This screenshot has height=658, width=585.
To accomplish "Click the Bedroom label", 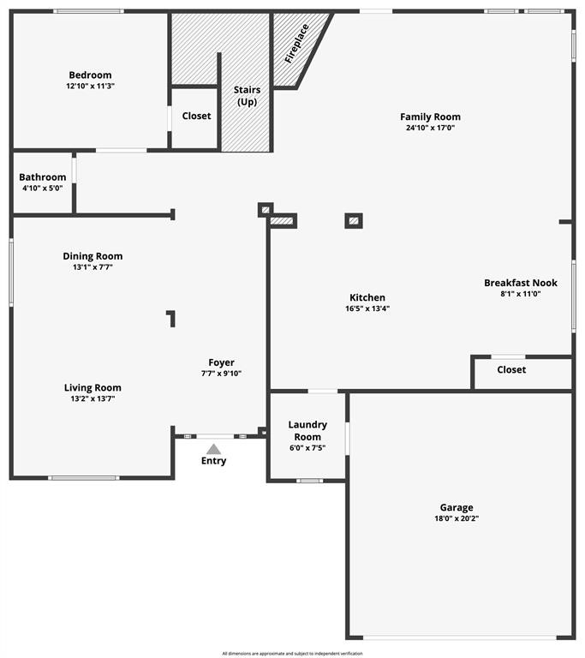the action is [x=90, y=75].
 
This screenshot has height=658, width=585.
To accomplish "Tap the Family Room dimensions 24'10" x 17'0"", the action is [x=430, y=128].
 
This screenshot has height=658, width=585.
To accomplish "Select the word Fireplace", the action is [x=296, y=44].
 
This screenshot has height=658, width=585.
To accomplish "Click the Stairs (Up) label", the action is [x=248, y=96].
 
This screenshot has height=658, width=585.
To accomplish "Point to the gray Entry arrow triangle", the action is [x=213, y=450].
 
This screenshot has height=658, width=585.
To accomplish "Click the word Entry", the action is [x=213, y=461].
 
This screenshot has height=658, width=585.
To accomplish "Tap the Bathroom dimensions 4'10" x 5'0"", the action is [x=42, y=188].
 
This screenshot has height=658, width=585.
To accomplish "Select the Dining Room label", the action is [x=93, y=256].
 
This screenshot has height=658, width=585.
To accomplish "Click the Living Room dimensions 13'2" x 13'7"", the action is [x=93, y=398].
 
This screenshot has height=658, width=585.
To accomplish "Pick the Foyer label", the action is [x=221, y=362].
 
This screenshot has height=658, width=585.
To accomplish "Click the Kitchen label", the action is [x=367, y=297].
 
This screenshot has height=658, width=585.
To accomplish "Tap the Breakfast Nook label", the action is [x=521, y=283].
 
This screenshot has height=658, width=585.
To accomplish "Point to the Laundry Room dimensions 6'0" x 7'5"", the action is [x=307, y=448].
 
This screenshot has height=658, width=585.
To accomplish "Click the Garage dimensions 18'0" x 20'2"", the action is [x=457, y=518].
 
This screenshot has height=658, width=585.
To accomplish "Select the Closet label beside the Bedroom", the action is [x=196, y=116].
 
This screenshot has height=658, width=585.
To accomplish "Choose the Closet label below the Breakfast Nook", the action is [x=511, y=370].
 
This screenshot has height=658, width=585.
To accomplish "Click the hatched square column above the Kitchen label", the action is [x=354, y=221].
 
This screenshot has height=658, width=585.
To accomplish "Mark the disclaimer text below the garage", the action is [x=293, y=654].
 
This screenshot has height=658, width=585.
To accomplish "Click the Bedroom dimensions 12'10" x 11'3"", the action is [x=90, y=86].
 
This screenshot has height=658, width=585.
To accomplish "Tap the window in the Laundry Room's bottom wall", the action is [x=310, y=481].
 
